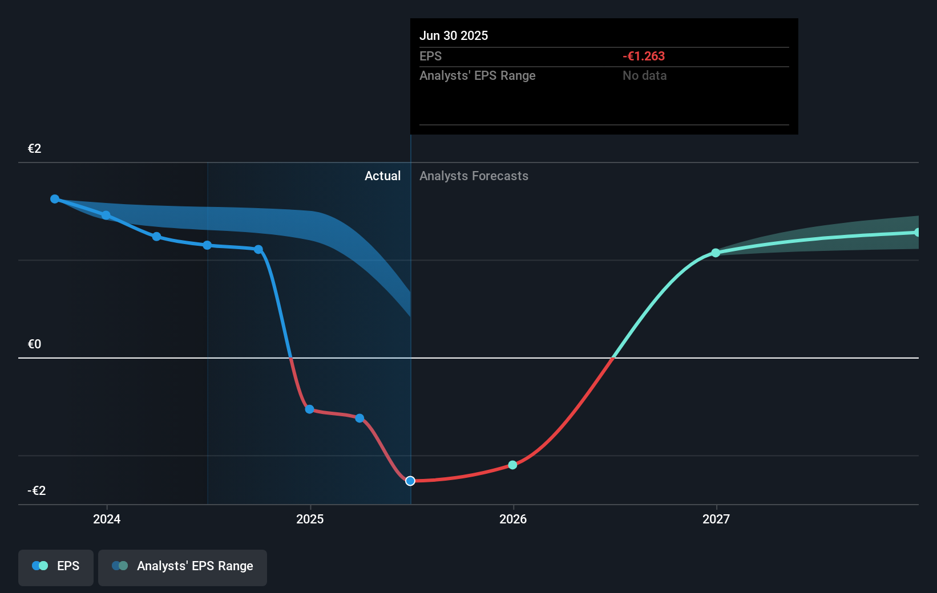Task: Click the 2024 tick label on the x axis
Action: point(107,519)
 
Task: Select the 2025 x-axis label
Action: point(310,519)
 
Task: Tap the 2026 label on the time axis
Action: point(513,519)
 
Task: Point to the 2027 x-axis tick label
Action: point(716,519)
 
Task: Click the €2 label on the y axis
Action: point(35,149)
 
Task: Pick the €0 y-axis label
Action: point(35,344)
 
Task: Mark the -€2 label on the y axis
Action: point(37,490)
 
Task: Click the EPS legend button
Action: point(56,566)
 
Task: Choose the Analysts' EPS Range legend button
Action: point(183,566)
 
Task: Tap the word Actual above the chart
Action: point(382,176)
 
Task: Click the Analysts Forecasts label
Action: point(474,176)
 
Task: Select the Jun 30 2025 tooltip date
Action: point(454,35)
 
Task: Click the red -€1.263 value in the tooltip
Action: point(644,56)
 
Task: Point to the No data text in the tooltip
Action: point(644,75)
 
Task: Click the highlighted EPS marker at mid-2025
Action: point(410,481)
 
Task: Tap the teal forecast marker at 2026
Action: point(512,465)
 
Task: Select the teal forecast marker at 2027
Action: point(716,253)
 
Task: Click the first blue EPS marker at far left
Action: point(55,199)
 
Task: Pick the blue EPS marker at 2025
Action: point(309,409)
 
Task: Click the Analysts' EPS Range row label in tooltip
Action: point(477,75)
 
